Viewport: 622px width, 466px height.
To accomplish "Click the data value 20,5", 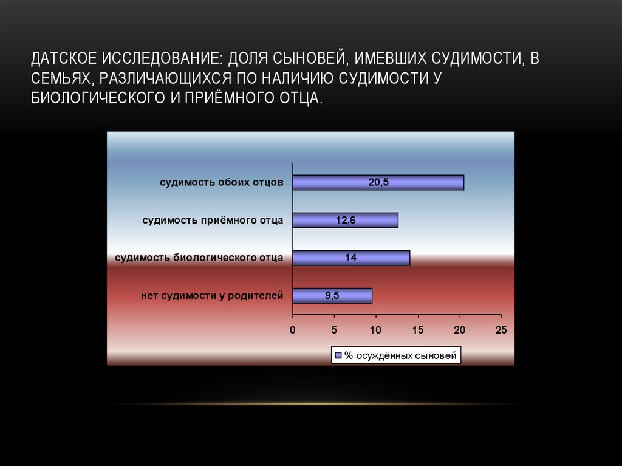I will [x=378, y=182].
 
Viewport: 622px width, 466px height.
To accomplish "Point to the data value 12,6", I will [x=345, y=220].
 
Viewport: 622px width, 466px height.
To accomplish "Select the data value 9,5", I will [x=332, y=296].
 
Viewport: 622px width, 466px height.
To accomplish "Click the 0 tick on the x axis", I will [x=292, y=330].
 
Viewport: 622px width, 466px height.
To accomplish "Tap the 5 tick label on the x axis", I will [x=334, y=330].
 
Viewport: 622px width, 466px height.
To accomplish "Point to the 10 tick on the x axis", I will [x=375, y=330].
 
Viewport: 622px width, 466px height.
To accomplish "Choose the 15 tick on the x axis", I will [x=417, y=330].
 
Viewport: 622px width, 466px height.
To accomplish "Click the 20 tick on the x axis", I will [x=459, y=330].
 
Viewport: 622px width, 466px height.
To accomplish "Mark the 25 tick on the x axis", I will [x=501, y=330].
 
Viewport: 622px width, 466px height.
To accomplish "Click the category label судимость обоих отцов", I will [x=222, y=182].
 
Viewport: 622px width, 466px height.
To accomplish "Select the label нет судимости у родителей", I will [x=212, y=296].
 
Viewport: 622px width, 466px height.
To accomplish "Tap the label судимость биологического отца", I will [x=199, y=258].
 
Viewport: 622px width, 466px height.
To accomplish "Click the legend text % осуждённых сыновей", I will [x=400, y=355].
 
